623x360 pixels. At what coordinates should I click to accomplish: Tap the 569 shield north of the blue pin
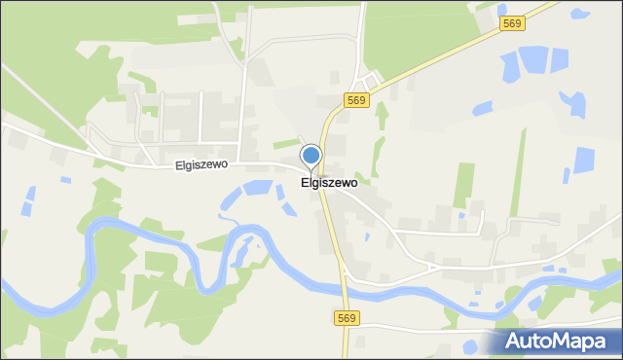click(x=356, y=100)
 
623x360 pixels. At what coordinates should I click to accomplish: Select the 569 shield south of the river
click(x=348, y=318)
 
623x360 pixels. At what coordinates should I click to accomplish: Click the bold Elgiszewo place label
click(x=329, y=182)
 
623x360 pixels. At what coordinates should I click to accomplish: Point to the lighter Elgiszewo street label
click(x=202, y=164)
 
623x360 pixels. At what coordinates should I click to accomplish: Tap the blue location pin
click(x=311, y=157)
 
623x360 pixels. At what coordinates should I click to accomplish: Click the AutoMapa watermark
click(x=558, y=341)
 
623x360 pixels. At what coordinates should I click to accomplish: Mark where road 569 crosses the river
click(x=344, y=287)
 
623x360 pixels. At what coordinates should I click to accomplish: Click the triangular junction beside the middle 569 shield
click(x=369, y=78)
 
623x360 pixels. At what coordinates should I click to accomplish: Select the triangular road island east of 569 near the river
click(x=429, y=265)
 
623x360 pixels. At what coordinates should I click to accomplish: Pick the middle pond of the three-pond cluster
click(x=533, y=60)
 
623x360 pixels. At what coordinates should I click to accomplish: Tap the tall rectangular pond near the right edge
click(x=583, y=161)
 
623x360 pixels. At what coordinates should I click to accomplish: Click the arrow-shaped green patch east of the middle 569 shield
click(x=382, y=115)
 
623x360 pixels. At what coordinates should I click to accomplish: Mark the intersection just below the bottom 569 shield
click(x=347, y=331)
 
